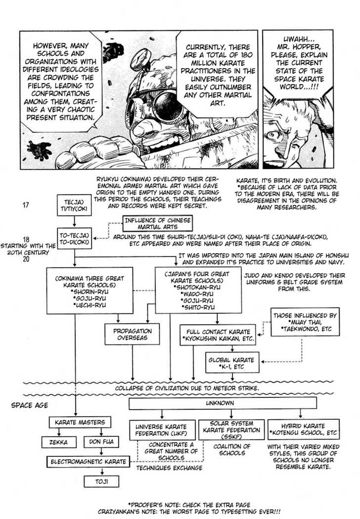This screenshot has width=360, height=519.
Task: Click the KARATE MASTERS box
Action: [x=79, y=422]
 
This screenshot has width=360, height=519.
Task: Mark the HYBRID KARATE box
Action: [x=303, y=429]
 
